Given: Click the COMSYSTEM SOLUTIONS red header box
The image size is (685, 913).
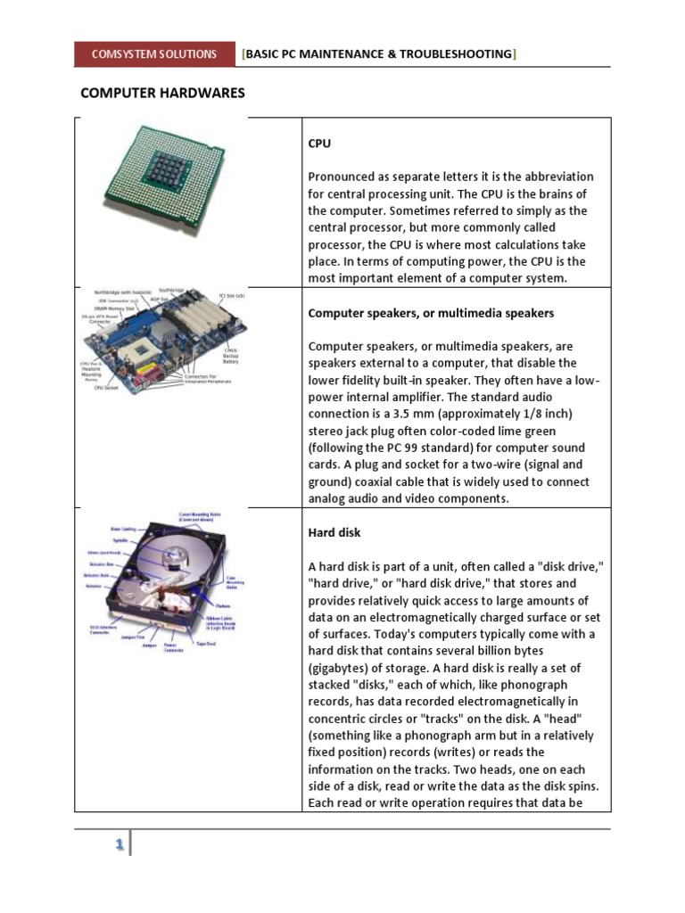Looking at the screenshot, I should point(154,54).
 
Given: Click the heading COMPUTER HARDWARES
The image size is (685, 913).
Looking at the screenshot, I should point(162,93).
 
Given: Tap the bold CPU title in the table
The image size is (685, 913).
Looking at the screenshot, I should point(319,143).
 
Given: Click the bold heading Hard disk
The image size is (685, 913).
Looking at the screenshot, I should point(334,532).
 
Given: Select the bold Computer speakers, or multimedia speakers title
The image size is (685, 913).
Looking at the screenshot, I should point(431,313).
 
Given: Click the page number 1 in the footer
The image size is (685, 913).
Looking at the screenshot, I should point(118,846).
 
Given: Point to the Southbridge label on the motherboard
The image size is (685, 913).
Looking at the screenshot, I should point(170,291).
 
